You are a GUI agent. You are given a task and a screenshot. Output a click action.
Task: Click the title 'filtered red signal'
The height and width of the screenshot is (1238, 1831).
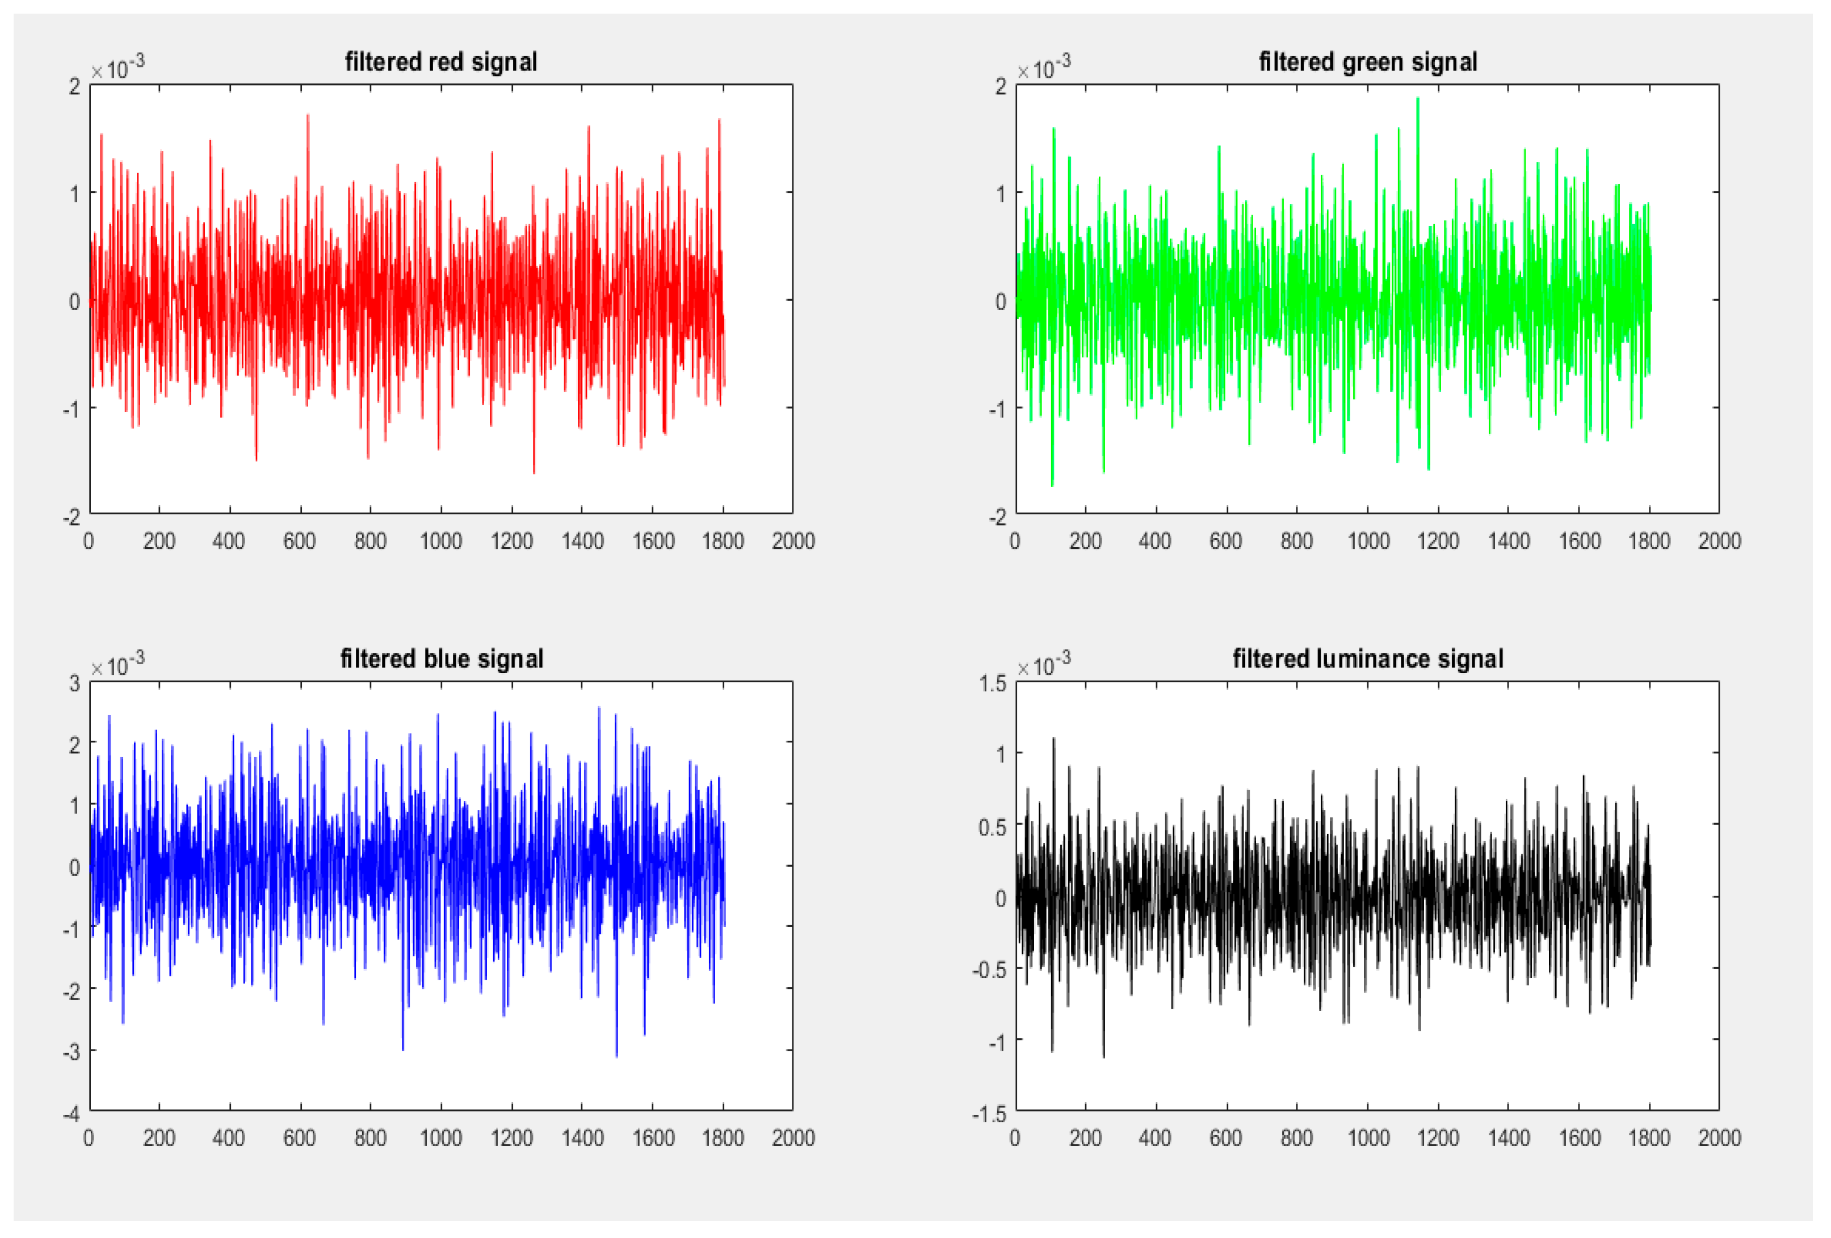coord(440,61)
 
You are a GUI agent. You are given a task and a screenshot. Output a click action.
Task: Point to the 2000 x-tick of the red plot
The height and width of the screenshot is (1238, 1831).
coord(792,540)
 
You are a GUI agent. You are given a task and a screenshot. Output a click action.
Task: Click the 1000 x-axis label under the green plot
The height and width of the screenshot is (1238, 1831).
coord(1368,540)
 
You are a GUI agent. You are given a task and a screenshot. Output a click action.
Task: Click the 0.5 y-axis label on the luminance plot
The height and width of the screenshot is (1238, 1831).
coord(993,826)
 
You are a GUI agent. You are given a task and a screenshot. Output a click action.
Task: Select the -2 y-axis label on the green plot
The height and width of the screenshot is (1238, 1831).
coord(998,517)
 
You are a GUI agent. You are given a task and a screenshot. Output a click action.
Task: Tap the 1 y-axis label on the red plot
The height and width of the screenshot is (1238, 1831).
coord(75,193)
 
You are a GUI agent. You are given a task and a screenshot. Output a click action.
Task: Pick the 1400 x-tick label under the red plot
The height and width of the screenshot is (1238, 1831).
coord(582,540)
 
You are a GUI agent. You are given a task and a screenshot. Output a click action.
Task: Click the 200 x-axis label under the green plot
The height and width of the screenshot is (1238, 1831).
coord(1085,540)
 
